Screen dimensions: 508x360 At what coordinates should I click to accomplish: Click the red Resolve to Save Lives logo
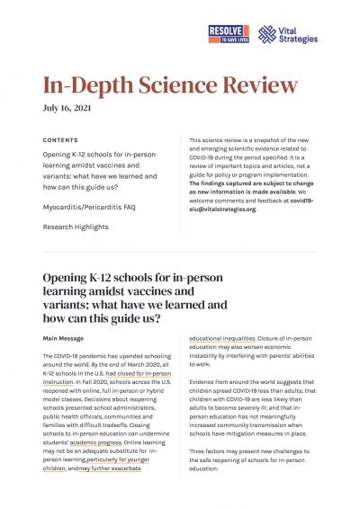click(x=233, y=34)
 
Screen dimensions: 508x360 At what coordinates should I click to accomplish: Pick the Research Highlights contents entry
click(x=76, y=227)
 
